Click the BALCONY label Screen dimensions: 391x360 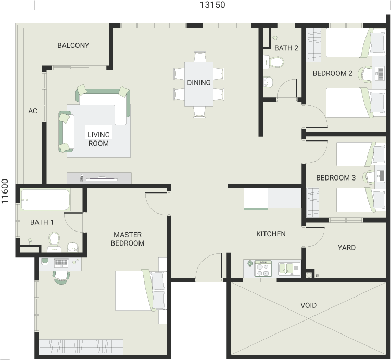[x=73, y=45]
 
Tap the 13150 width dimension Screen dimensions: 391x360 [x=212, y=5]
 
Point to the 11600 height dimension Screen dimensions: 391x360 [x=5, y=191]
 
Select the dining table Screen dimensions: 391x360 [x=199, y=84]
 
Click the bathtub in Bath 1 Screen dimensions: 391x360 [x=45, y=200]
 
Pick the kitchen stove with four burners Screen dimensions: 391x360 [x=263, y=268]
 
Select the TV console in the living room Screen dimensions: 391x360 [x=99, y=178]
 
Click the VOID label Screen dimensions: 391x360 [x=308, y=305]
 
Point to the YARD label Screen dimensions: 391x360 [x=347, y=248]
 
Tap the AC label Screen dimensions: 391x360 [x=33, y=111]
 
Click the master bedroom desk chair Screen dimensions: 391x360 [x=61, y=277]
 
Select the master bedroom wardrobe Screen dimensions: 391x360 [x=81, y=346]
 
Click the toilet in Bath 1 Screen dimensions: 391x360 [x=54, y=242]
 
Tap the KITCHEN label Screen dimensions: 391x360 [x=271, y=234]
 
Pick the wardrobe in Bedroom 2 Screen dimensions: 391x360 [x=313, y=45]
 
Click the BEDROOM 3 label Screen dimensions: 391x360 [x=336, y=178]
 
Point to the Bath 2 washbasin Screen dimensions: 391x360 [x=268, y=82]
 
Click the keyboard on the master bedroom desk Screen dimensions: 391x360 [x=61, y=262]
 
